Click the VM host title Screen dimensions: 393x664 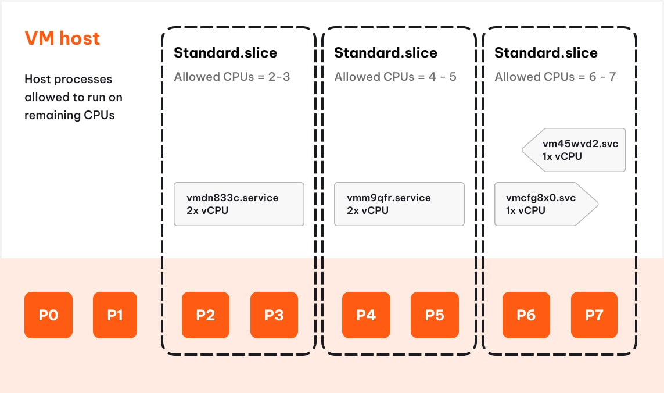(x=62, y=38)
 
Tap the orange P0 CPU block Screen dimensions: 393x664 (x=48, y=315)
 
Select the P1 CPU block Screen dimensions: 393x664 (x=115, y=315)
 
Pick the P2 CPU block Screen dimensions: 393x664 (x=206, y=315)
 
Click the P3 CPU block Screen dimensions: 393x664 (x=274, y=315)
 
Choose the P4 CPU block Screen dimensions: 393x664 (x=366, y=315)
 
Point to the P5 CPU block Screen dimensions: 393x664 (x=435, y=315)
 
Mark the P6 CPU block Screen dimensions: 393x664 (x=526, y=315)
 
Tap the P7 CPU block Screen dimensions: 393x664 (x=594, y=315)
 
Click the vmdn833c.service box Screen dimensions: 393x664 (x=239, y=204)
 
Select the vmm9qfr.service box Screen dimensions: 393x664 (x=399, y=204)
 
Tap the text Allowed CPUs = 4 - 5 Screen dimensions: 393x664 (x=395, y=77)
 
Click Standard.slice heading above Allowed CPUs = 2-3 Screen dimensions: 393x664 (x=225, y=53)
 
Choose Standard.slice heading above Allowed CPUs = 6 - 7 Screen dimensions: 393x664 (x=545, y=53)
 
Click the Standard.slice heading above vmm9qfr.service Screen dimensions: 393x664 (x=385, y=53)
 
